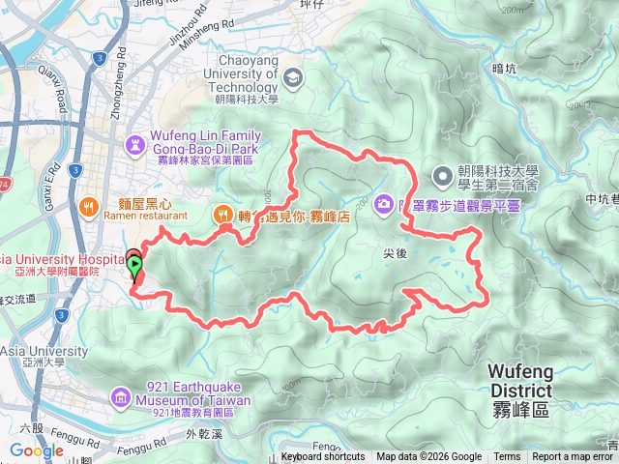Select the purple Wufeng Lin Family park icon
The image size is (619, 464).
pyautogui.click(x=135, y=144)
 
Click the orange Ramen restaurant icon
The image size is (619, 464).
pyautogui.click(x=89, y=205)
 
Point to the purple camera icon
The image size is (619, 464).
pyautogui.click(x=384, y=203)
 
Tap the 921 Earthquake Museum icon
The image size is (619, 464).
pyautogui.click(x=120, y=395)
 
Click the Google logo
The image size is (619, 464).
pyautogui.click(x=37, y=450)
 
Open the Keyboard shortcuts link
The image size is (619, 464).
pyautogui.click(x=323, y=457)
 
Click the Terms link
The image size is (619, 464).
pyautogui.click(x=507, y=457)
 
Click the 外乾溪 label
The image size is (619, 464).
pyautogui.click(x=197, y=434)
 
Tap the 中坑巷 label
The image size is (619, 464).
pyautogui.click(x=603, y=201)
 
